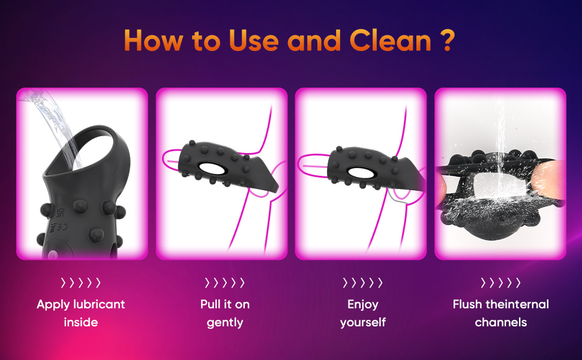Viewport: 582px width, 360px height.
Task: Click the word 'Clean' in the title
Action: coord(391,40)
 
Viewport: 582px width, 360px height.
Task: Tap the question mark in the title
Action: coord(448,40)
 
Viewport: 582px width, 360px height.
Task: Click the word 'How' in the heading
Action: coord(153,40)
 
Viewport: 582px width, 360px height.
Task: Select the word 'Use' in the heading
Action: coord(254,40)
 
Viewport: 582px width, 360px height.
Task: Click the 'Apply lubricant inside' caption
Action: coord(81,313)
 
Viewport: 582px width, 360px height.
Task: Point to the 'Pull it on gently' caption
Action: coord(225,313)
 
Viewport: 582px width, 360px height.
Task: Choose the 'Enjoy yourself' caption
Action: coord(363,313)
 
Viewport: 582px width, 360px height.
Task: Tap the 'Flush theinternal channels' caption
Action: coord(501,313)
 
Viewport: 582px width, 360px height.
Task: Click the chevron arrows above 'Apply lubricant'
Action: coord(81,283)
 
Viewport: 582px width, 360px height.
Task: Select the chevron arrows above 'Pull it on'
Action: coord(225,283)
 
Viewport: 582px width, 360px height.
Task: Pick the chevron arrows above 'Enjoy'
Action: coord(362,283)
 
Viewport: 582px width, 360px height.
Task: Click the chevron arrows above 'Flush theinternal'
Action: coord(501,283)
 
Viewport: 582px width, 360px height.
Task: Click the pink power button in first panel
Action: coord(52,254)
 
